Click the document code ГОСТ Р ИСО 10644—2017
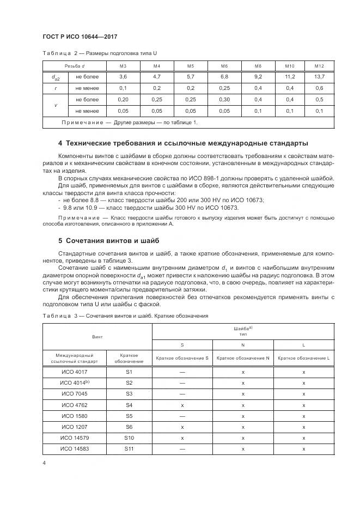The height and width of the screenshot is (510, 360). [80, 37]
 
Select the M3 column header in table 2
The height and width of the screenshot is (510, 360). [124, 66]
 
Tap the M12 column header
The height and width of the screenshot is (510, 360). [319, 66]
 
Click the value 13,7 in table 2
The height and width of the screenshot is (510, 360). [319, 77]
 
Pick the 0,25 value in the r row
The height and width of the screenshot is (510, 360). [224, 88]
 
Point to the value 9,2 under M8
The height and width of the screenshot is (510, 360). [258, 77]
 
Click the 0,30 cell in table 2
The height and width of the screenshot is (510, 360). [224, 100]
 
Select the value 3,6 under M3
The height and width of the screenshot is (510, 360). [124, 77]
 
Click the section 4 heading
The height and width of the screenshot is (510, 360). [183, 143]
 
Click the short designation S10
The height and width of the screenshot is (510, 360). [129, 438]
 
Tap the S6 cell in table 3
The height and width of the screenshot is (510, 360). [129, 427]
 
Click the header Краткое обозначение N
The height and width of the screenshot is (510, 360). [243, 358]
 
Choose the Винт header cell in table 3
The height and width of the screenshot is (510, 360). [97, 337]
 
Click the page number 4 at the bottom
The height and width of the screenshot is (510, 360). [44, 463]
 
